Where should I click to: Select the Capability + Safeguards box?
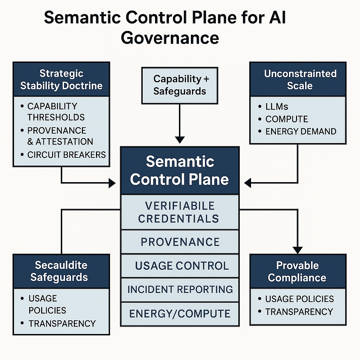[180, 85]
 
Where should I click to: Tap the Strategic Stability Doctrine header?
[61, 79]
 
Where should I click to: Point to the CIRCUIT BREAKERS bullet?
[66, 155]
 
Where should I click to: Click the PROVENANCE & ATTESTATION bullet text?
[60, 136]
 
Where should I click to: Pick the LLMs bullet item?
[277, 107]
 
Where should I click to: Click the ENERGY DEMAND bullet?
[301, 131]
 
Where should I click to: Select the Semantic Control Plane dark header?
[180, 171]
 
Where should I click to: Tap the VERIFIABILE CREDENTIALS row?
[180, 212]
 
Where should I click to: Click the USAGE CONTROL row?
[180, 266]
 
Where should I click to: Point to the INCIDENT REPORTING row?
[180, 289]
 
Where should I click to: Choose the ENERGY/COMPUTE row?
[180, 314]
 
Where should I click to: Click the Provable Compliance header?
[298, 271]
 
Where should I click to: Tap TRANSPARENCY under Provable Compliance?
[299, 312]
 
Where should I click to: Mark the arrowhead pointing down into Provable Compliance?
[298, 250]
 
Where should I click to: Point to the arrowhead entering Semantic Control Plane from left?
[112, 183]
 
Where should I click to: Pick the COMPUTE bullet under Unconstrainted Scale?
[287, 119]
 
